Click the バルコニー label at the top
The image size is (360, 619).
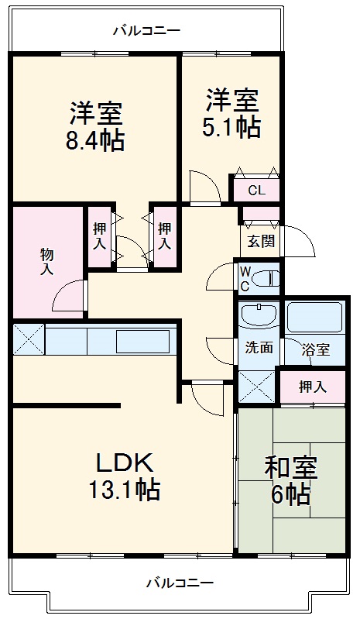point(146,31)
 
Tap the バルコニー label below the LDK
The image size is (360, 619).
point(180,581)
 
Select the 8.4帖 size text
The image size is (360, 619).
point(97,142)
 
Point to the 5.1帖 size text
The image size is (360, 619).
point(232,126)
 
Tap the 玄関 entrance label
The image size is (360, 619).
point(261,241)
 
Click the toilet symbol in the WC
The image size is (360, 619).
point(266,279)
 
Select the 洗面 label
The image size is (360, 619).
point(260,348)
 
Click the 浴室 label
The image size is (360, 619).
point(316,349)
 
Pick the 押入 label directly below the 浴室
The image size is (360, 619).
point(313,387)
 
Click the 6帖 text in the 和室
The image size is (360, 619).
point(290,493)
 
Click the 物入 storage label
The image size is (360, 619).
point(47,262)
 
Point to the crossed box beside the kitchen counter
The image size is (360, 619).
point(28,339)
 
